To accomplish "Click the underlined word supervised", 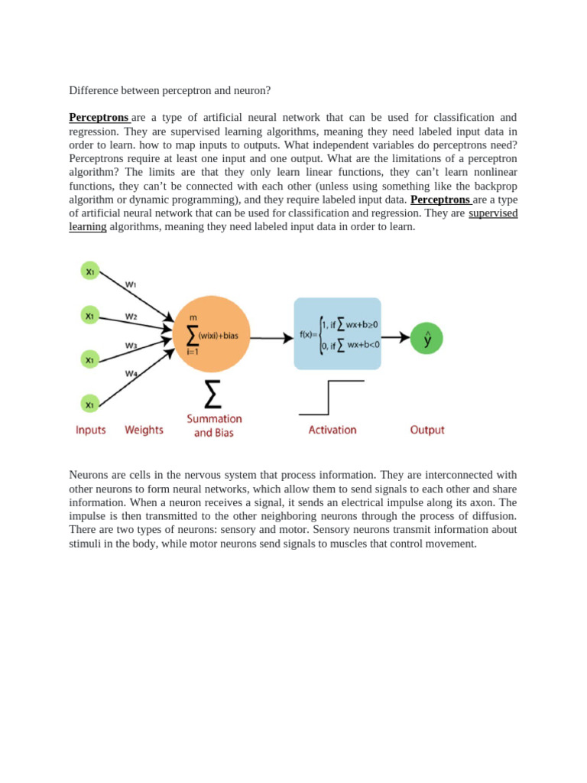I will click(x=493, y=213).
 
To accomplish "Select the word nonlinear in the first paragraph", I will click(x=493, y=172).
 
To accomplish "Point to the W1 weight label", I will click(x=131, y=284).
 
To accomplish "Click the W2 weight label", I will click(x=131, y=316).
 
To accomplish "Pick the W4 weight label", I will click(x=131, y=374).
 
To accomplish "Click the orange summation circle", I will click(x=212, y=334).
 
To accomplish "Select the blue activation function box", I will click(x=337, y=334).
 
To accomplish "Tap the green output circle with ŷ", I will click(x=426, y=338).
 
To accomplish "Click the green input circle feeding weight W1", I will click(x=90, y=271).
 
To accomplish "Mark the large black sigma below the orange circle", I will click(x=213, y=395).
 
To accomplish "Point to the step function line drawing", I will click(x=331, y=398).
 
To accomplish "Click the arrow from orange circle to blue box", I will click(x=271, y=337).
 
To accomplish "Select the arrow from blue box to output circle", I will click(x=395, y=337).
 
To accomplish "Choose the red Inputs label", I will click(x=91, y=430).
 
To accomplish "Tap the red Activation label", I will click(x=332, y=430).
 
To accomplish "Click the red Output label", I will click(x=427, y=430).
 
